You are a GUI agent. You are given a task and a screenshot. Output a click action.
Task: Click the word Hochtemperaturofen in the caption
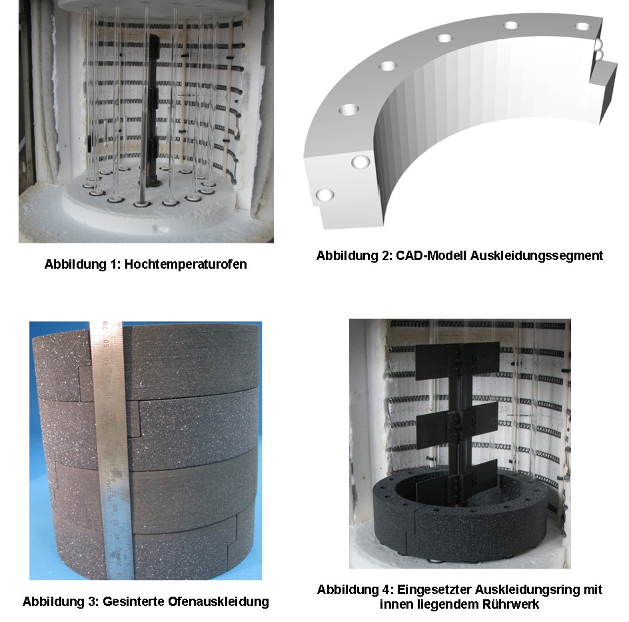(x=185, y=265)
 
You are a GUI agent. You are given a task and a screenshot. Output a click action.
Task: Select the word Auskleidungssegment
(x=536, y=256)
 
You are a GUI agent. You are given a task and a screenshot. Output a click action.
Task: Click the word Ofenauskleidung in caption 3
(x=219, y=601)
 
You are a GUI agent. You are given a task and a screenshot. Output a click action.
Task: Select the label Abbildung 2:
(x=354, y=255)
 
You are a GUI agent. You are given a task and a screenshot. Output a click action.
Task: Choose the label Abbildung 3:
(x=61, y=601)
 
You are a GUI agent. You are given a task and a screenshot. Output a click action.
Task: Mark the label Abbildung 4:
(x=355, y=590)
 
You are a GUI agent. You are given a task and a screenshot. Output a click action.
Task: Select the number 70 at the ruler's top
(x=105, y=325)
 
